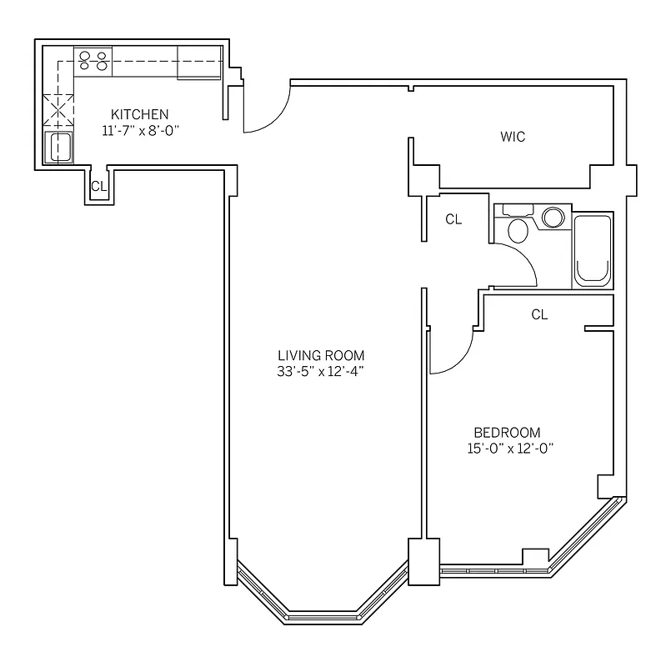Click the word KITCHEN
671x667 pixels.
[x=141, y=114]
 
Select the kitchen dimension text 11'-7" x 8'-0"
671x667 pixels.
[x=141, y=129]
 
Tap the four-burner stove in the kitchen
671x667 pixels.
[x=93, y=60]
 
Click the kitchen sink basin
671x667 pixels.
[x=59, y=148]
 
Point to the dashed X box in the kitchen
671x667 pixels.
[x=59, y=108]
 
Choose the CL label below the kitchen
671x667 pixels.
[x=98, y=187]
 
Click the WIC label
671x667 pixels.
[x=513, y=137]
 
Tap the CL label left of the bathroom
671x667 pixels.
[x=453, y=220]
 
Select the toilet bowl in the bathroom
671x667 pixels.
[x=517, y=230]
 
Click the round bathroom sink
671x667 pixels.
[x=553, y=218]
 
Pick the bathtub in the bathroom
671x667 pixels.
[x=593, y=250]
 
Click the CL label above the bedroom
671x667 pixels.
[x=539, y=314]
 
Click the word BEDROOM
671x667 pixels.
[x=507, y=433]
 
